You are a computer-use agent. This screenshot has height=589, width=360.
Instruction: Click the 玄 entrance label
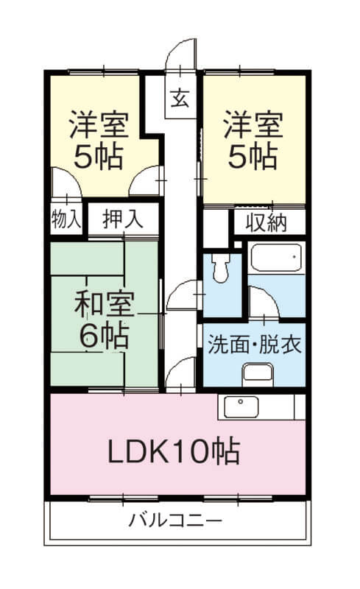click(180, 99)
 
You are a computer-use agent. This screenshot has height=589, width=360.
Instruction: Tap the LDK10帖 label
click(174, 451)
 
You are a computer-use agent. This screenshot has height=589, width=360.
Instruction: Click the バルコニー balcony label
click(175, 521)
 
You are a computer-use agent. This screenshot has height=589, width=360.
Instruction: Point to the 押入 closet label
click(123, 219)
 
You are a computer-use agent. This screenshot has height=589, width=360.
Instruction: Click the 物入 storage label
click(66, 218)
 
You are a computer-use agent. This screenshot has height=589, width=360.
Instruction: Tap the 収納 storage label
click(267, 223)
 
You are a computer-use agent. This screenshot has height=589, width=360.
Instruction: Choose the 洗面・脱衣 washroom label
click(255, 345)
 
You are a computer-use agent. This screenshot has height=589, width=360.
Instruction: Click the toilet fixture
click(221, 267)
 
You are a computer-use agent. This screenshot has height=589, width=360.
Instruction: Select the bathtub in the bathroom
click(276, 258)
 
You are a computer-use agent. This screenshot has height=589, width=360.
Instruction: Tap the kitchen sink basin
click(241, 407)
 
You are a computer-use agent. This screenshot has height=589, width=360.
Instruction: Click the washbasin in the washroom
click(258, 373)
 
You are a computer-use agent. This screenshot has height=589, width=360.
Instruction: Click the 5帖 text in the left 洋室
click(99, 157)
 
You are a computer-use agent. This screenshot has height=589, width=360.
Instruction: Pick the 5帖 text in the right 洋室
click(253, 156)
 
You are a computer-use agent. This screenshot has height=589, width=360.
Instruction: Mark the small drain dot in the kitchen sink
click(241, 401)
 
